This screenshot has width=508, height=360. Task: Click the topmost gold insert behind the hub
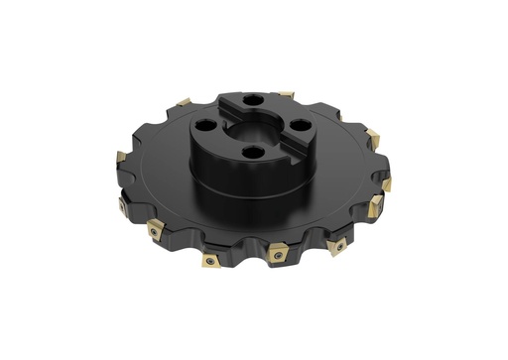click(286, 95)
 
